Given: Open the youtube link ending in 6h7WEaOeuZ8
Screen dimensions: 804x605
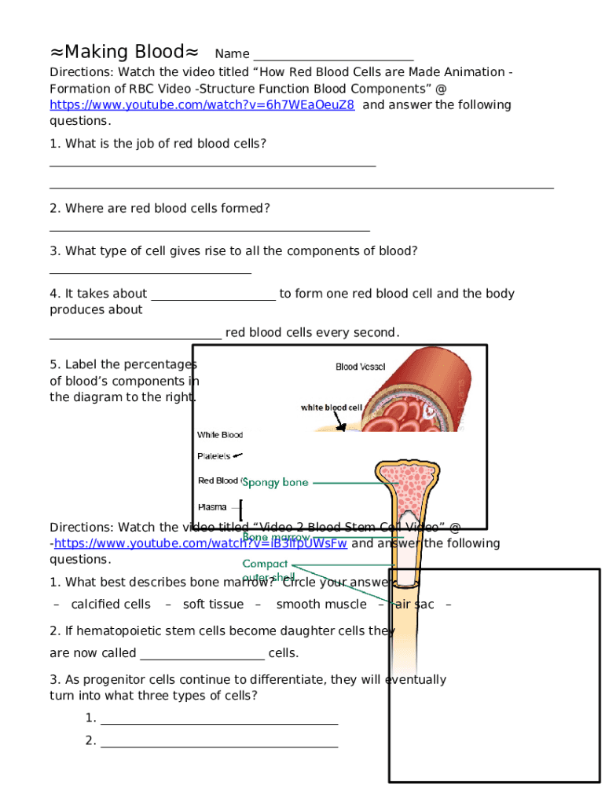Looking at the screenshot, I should click(x=202, y=105).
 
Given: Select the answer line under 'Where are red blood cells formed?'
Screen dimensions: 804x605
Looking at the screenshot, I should click(x=209, y=230).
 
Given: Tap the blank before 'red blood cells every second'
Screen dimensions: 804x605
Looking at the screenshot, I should click(x=135, y=337).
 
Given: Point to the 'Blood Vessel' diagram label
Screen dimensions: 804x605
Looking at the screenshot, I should click(x=361, y=367).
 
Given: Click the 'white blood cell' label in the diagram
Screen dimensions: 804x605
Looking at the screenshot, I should click(x=332, y=407).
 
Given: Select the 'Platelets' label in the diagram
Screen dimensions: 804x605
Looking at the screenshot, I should click(x=213, y=455).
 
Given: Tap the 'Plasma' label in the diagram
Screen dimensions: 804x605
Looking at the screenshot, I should click(x=212, y=506).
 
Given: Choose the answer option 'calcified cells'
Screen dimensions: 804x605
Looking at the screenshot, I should click(x=111, y=605).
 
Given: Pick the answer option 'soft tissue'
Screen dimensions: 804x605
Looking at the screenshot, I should click(x=213, y=605).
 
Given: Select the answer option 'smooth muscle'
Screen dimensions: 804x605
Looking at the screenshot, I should click(x=321, y=605).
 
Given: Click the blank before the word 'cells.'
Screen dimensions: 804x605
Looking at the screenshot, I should click(x=202, y=658).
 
